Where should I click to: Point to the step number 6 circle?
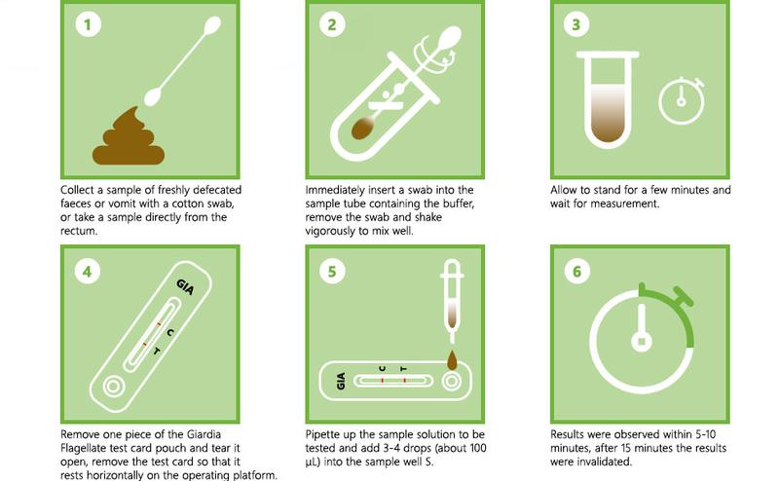coord(576,271)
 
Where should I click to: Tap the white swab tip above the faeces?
coord(153,94)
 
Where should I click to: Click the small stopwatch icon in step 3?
coord(681,99)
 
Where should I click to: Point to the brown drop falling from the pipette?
coord(451,360)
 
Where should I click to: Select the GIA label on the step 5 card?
coord(341,381)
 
